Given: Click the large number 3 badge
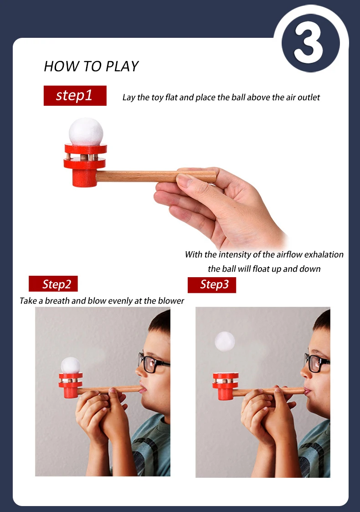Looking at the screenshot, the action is point(310,43).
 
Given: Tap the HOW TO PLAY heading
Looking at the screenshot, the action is point(91,66).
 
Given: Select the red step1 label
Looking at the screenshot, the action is point(75,96).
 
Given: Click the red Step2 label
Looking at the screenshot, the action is point(53,284).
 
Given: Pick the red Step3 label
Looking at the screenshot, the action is point(212,285).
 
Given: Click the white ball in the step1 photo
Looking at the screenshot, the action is point(86,131).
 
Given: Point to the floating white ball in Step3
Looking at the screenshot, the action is point(225,341).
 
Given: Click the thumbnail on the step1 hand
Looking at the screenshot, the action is point(185,180).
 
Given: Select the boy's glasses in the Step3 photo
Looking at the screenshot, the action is point(317,363).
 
